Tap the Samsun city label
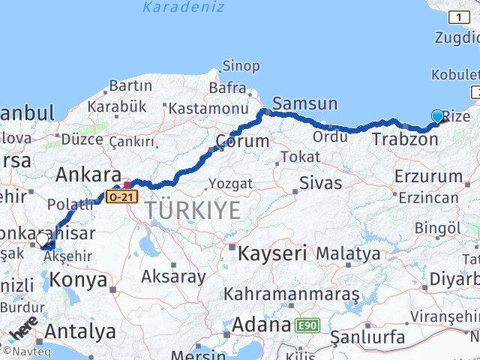pos(305,103)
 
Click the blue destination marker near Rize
pos(438,116)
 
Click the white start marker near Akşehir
pos(43,240)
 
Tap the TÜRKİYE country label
pos(193,211)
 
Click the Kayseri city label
pos(272,253)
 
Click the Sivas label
pos(320,183)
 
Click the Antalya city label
pos(80,331)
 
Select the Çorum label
pos(242,141)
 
